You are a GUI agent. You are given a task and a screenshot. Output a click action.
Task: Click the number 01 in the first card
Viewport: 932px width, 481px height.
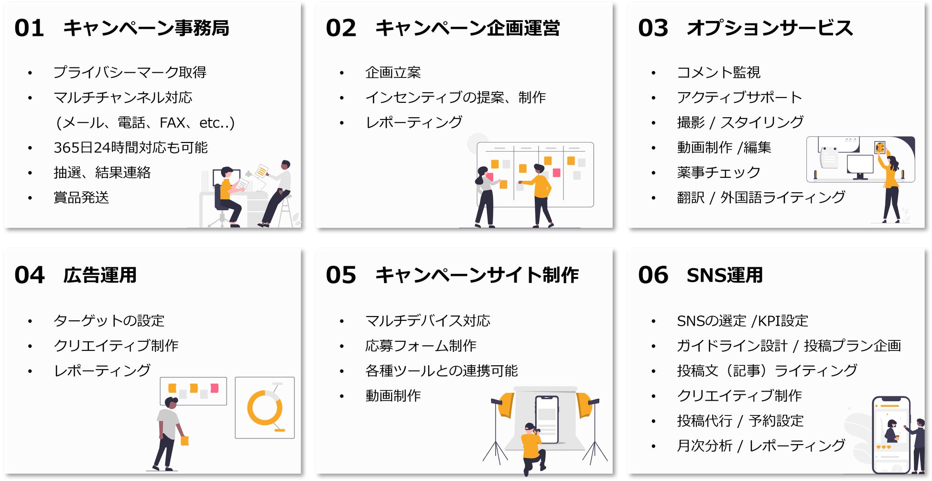click(x=29, y=28)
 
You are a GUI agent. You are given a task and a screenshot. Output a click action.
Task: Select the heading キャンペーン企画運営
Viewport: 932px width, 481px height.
click(x=467, y=28)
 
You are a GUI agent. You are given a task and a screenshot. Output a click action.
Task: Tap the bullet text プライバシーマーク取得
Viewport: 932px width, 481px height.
click(x=130, y=72)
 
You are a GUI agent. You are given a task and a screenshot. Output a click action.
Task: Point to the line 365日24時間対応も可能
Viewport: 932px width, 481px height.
click(x=130, y=147)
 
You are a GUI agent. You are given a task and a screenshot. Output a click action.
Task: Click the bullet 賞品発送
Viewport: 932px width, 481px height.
click(x=81, y=197)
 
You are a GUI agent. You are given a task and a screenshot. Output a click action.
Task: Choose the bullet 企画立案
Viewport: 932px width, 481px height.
click(x=393, y=72)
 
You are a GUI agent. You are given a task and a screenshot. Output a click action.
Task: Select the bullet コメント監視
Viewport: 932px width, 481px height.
click(x=718, y=72)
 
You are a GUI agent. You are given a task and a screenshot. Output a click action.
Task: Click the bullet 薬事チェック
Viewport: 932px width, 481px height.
click(x=718, y=172)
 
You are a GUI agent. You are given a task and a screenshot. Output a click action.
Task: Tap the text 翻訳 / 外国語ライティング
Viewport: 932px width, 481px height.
click(x=761, y=197)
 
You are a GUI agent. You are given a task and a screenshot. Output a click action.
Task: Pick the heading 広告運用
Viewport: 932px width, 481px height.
click(x=100, y=275)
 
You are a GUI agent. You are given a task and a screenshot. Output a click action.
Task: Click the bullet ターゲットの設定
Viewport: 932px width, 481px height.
click(x=109, y=320)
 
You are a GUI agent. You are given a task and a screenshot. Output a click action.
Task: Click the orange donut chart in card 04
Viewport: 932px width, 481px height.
click(x=264, y=408)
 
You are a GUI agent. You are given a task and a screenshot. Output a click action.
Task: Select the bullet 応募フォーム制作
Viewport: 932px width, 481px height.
click(x=421, y=346)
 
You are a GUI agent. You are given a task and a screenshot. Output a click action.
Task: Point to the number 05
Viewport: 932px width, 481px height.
click(x=341, y=275)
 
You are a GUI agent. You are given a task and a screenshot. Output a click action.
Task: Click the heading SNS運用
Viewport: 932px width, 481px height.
click(x=725, y=275)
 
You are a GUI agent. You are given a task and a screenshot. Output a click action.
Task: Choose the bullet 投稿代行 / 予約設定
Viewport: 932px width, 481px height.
click(x=740, y=421)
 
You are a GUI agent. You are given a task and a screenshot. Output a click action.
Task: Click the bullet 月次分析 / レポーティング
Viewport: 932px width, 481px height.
click(x=761, y=446)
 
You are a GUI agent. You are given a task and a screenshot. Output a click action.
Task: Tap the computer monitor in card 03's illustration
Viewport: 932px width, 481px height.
click(x=860, y=165)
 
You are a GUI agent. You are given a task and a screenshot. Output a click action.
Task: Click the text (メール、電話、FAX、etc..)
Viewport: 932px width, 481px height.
click(x=145, y=123)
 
